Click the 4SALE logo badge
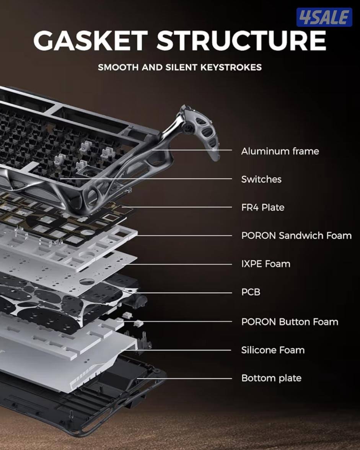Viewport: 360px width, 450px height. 324,17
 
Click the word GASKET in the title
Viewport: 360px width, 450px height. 90,40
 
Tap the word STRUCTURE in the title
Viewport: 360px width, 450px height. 241,40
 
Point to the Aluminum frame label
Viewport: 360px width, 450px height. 280,151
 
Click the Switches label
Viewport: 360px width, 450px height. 261,179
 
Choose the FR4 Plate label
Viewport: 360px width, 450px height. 262,207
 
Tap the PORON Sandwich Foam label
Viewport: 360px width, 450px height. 296,235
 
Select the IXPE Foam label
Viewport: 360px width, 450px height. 266,264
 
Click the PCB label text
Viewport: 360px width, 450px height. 251,292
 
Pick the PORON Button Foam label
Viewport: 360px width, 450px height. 290,321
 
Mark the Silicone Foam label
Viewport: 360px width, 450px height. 273,350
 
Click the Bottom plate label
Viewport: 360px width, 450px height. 271,378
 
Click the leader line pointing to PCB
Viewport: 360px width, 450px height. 184,293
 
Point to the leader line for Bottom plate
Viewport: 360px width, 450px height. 184,379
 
